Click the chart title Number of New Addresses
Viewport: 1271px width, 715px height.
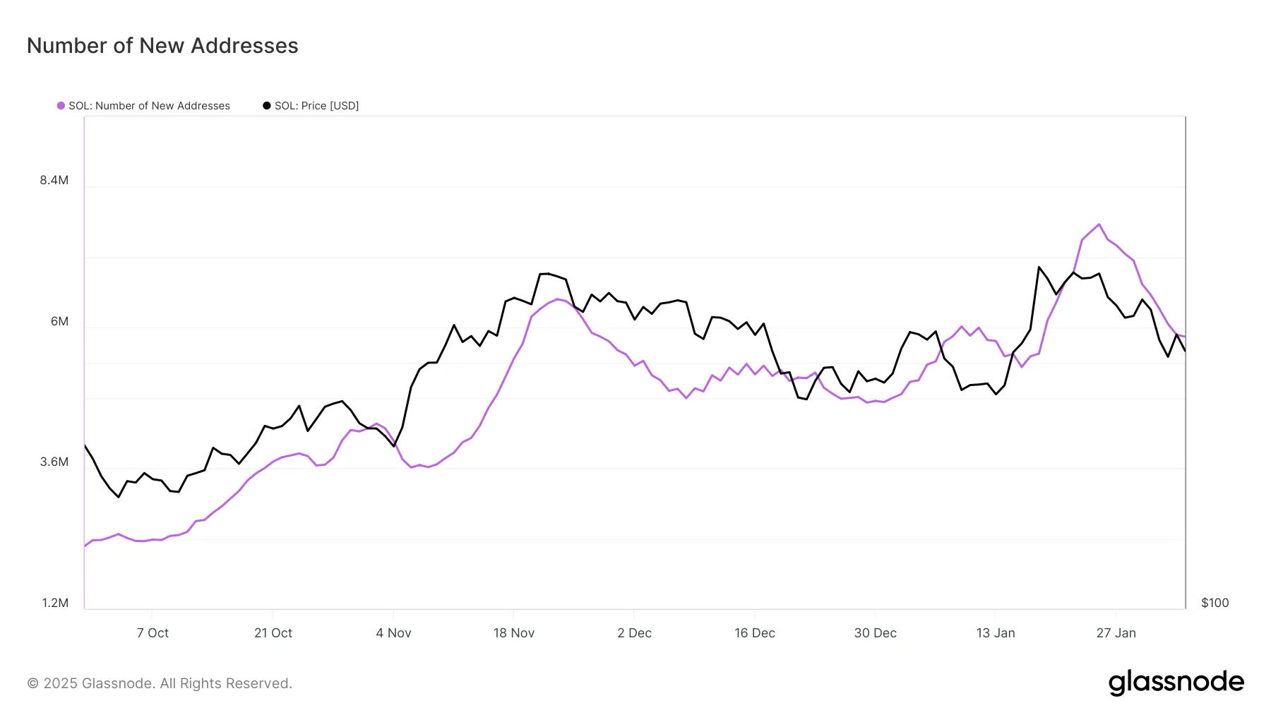(x=162, y=46)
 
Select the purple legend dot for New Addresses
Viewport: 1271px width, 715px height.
(x=61, y=106)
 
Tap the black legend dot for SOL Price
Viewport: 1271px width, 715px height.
(x=266, y=106)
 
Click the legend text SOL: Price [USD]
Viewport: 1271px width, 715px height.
(x=316, y=106)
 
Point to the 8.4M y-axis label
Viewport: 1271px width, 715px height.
(x=54, y=180)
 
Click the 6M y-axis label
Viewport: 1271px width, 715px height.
(x=59, y=321)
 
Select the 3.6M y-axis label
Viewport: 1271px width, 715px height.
(x=54, y=462)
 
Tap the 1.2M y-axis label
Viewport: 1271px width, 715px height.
(x=55, y=603)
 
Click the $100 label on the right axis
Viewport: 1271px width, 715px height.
(x=1215, y=603)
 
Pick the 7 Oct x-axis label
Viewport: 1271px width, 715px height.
(x=153, y=633)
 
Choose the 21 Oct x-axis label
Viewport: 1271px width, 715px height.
(x=273, y=633)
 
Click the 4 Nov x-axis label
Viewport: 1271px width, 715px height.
(x=393, y=633)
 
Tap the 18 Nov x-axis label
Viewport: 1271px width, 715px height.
(x=514, y=633)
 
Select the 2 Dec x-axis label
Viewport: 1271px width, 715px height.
(x=634, y=633)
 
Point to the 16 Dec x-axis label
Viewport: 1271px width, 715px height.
(x=755, y=633)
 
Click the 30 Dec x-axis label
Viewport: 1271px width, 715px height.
(x=876, y=633)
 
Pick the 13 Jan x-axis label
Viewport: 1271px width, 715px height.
(x=996, y=633)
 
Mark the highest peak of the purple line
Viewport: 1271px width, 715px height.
(x=1099, y=224)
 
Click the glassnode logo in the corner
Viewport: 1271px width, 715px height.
(x=1176, y=683)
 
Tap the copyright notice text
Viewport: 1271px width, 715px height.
(x=160, y=683)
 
